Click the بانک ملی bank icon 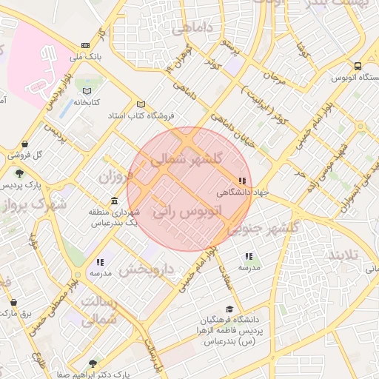tap(86, 45)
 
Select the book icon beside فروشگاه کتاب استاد tap(141, 104)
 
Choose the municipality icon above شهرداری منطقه tap(113, 201)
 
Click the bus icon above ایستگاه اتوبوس tap(358, 66)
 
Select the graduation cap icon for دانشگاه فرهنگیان tap(229, 309)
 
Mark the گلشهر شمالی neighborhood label tap(186, 160)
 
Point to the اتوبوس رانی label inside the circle tap(187, 211)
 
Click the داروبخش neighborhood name tap(146, 269)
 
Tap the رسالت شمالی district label tap(98, 310)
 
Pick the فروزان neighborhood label tap(115, 177)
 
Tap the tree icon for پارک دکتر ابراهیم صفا tap(92, 363)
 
